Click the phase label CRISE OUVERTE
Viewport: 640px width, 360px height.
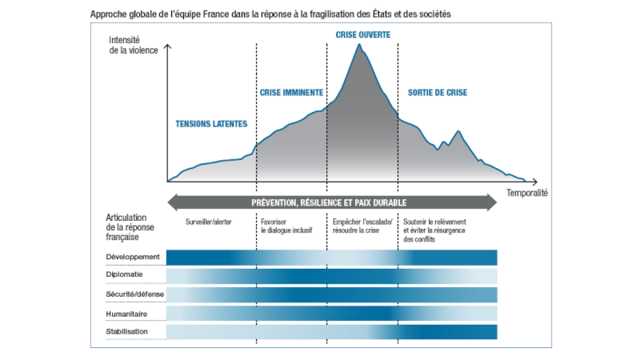pyautogui.click(x=363, y=35)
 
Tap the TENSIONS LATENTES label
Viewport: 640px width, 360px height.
pyautogui.click(x=212, y=124)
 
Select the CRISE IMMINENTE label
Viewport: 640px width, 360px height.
pyautogui.click(x=291, y=92)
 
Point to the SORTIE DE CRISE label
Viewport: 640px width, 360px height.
pyautogui.click(x=437, y=93)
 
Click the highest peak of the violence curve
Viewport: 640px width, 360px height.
pyautogui.click(x=359, y=45)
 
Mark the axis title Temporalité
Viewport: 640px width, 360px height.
pyautogui.click(x=527, y=193)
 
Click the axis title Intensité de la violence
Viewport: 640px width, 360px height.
pyautogui.click(x=133, y=45)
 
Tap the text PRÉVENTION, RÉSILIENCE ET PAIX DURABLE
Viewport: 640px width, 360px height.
pyautogui.click(x=329, y=203)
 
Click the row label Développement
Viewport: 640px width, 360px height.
pyautogui.click(x=133, y=257)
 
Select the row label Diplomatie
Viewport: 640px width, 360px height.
pyautogui.click(x=124, y=275)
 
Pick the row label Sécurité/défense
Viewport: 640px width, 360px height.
pyautogui.click(x=135, y=294)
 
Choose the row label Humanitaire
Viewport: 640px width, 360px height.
pyautogui.click(x=126, y=314)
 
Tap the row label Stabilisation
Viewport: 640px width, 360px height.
pyautogui.click(x=127, y=332)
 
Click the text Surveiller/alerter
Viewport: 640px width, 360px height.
pyautogui.click(x=210, y=222)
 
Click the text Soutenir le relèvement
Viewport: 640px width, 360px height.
pyautogui.click(x=435, y=222)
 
